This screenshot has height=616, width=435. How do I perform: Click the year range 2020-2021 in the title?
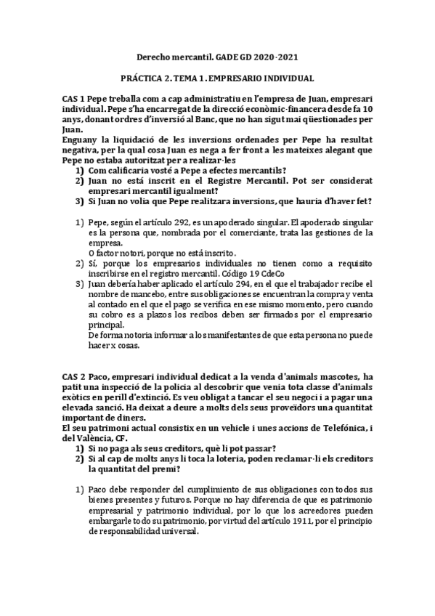coord(275,56)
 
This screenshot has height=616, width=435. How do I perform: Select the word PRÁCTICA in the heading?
coord(142,77)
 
